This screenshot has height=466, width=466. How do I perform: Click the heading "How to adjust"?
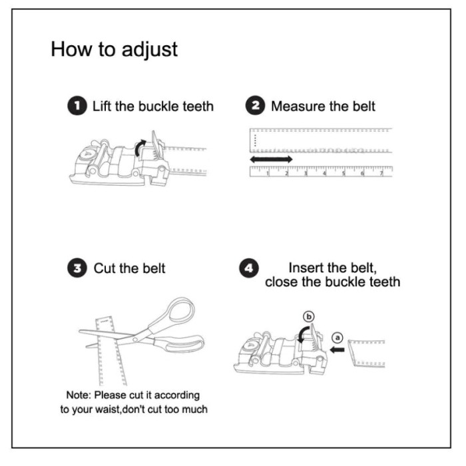coord(114,49)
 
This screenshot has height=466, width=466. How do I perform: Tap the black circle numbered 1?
coord(77,105)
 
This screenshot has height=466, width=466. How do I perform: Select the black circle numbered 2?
coord(255,105)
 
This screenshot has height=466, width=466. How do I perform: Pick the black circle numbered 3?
coord(77,268)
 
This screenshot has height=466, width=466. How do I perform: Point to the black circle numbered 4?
coord(249,268)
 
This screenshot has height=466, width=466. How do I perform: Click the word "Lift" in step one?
coord(102,106)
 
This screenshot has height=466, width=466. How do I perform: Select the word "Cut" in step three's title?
coord(105,268)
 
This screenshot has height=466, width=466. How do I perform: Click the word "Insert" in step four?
coord(306,268)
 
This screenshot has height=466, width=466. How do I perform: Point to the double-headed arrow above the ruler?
coord(271,159)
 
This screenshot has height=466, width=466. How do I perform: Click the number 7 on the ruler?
coord(381,173)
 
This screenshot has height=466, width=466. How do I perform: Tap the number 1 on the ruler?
coord(268,173)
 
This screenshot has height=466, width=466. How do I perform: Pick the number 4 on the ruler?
coord(325,173)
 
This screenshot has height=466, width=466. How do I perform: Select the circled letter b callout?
coord(309,317)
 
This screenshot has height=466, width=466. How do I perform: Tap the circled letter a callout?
coord(337,338)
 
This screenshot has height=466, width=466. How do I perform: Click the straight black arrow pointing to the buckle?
coord(337,349)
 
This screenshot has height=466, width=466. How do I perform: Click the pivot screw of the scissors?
coord(136,340)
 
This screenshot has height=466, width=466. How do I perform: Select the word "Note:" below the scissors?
coord(79,395)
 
